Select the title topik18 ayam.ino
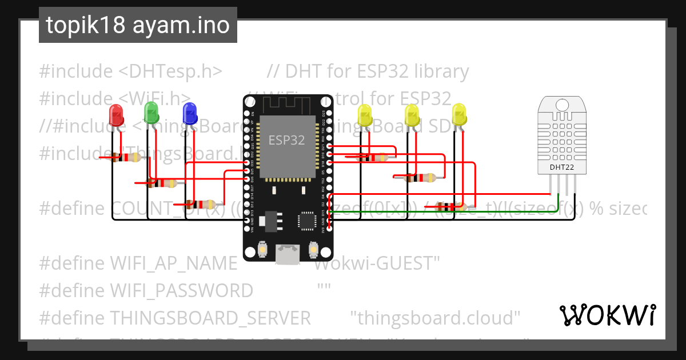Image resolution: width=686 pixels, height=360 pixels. [x=138, y=26]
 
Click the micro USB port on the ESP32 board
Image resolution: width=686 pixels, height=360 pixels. [x=287, y=253]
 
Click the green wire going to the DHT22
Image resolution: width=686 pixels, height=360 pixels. [x=514, y=212]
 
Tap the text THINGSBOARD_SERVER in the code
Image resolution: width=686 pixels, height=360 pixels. [x=210, y=317]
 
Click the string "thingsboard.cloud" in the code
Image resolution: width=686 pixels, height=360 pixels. [x=435, y=317]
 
